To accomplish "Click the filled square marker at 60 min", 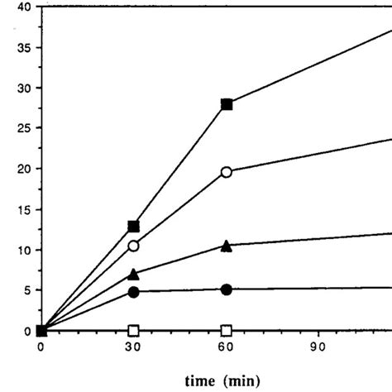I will pyautogui.click(x=227, y=104).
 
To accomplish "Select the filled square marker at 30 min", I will pyautogui.click(x=133, y=226).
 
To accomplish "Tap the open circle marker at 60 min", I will pyautogui.click(x=227, y=172).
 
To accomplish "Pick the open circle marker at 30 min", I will pyautogui.click(x=133, y=246).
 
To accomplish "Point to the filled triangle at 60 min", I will pyautogui.click(x=227, y=245).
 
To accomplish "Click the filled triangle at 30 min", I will pyautogui.click(x=133, y=273).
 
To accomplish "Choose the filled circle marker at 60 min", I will pyautogui.click(x=227, y=289).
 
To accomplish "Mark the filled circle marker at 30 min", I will pyautogui.click(x=133, y=291).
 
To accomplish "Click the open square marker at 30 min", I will pyautogui.click(x=133, y=331).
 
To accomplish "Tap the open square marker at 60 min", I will pyautogui.click(x=227, y=331).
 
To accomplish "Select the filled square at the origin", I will pyautogui.click(x=41, y=331).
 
